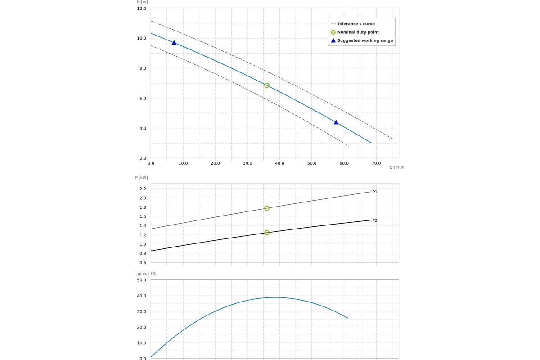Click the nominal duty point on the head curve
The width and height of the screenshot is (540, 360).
point(267,85)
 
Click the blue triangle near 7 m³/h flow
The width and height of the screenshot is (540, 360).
point(174,43)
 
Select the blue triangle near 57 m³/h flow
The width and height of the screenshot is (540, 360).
point(336,122)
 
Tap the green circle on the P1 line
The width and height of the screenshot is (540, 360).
point(267,208)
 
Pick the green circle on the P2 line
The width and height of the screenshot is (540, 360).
point(267,233)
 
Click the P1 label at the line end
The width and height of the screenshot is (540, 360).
point(375,192)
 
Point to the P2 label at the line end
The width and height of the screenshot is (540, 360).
point(375,220)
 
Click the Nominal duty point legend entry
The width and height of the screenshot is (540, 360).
point(358,32)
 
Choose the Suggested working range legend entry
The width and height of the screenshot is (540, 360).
point(364,40)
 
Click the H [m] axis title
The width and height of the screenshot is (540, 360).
point(142,2)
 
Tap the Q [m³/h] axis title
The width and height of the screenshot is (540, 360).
point(397,167)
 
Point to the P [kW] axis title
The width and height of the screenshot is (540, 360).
point(141,178)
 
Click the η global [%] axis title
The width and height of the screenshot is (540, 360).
point(146,274)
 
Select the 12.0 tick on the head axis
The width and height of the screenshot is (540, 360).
point(141,9)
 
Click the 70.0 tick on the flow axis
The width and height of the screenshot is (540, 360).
point(376,163)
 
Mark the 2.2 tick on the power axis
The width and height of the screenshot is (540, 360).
point(143,189)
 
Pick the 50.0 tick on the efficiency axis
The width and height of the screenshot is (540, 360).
point(141,280)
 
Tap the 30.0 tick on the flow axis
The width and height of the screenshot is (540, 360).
point(247,163)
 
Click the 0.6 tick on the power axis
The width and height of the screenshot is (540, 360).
point(143,263)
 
